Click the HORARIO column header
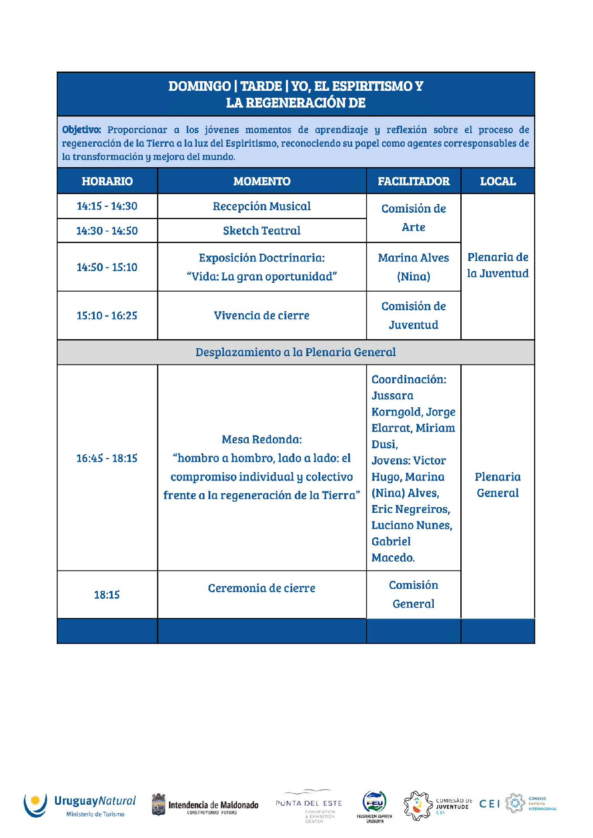(107, 181)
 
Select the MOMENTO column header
(262, 181)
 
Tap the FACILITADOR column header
(413, 181)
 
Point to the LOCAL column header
(497, 181)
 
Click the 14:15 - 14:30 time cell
(107, 206)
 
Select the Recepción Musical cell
(262, 206)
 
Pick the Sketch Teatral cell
(262, 230)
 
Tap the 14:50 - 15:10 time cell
(107, 267)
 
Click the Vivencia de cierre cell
(262, 316)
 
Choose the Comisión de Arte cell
(413, 218)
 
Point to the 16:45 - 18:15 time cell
(107, 458)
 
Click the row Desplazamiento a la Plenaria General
(295, 352)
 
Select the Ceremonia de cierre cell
(262, 588)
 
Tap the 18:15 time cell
(107, 595)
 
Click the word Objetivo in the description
(81, 130)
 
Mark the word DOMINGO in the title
(199, 86)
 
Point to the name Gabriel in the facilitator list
(391, 542)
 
